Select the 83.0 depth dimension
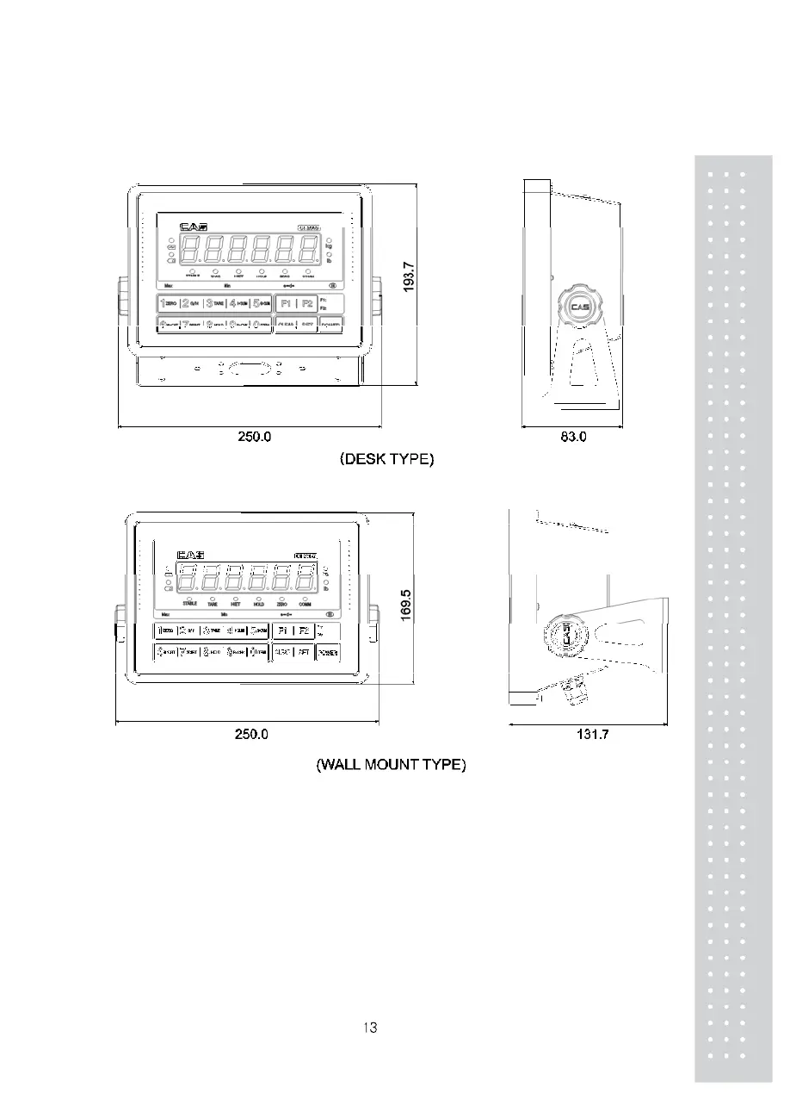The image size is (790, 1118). (x=573, y=437)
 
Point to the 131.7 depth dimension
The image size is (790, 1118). (x=593, y=735)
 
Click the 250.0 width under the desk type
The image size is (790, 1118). (x=255, y=437)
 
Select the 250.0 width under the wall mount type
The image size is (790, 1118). (x=252, y=735)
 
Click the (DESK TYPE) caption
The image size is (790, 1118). (x=387, y=459)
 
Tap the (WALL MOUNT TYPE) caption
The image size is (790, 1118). (x=391, y=765)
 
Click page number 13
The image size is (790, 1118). (x=370, y=1027)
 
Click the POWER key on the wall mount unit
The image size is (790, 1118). (x=328, y=653)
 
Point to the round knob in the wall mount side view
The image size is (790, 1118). (x=565, y=639)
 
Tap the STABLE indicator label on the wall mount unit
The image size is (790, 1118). (x=189, y=604)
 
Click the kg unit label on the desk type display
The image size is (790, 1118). (x=329, y=246)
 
